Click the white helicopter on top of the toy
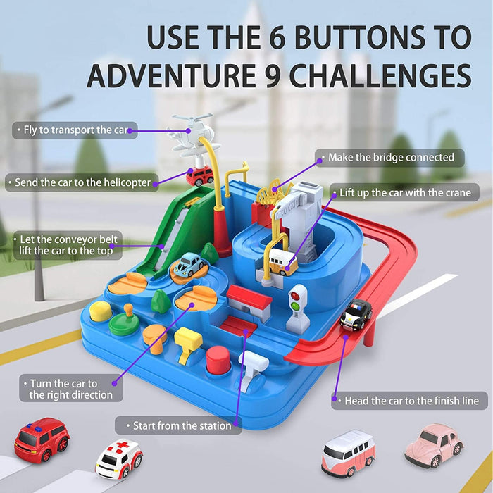pos(191,135)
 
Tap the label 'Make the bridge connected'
pos(391,158)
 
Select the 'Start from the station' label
pos(178,425)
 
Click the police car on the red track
pos(356,315)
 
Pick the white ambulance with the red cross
pos(119,458)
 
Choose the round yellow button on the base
pos(101,311)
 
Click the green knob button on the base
pos(125,320)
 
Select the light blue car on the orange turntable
pos(188,265)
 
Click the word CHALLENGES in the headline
pos(380,76)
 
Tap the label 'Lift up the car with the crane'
pos(404,193)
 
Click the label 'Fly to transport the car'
pos(75,130)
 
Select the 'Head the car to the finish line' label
pos(409,401)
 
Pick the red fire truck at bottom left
pos(42,440)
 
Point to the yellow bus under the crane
pos(283,262)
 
